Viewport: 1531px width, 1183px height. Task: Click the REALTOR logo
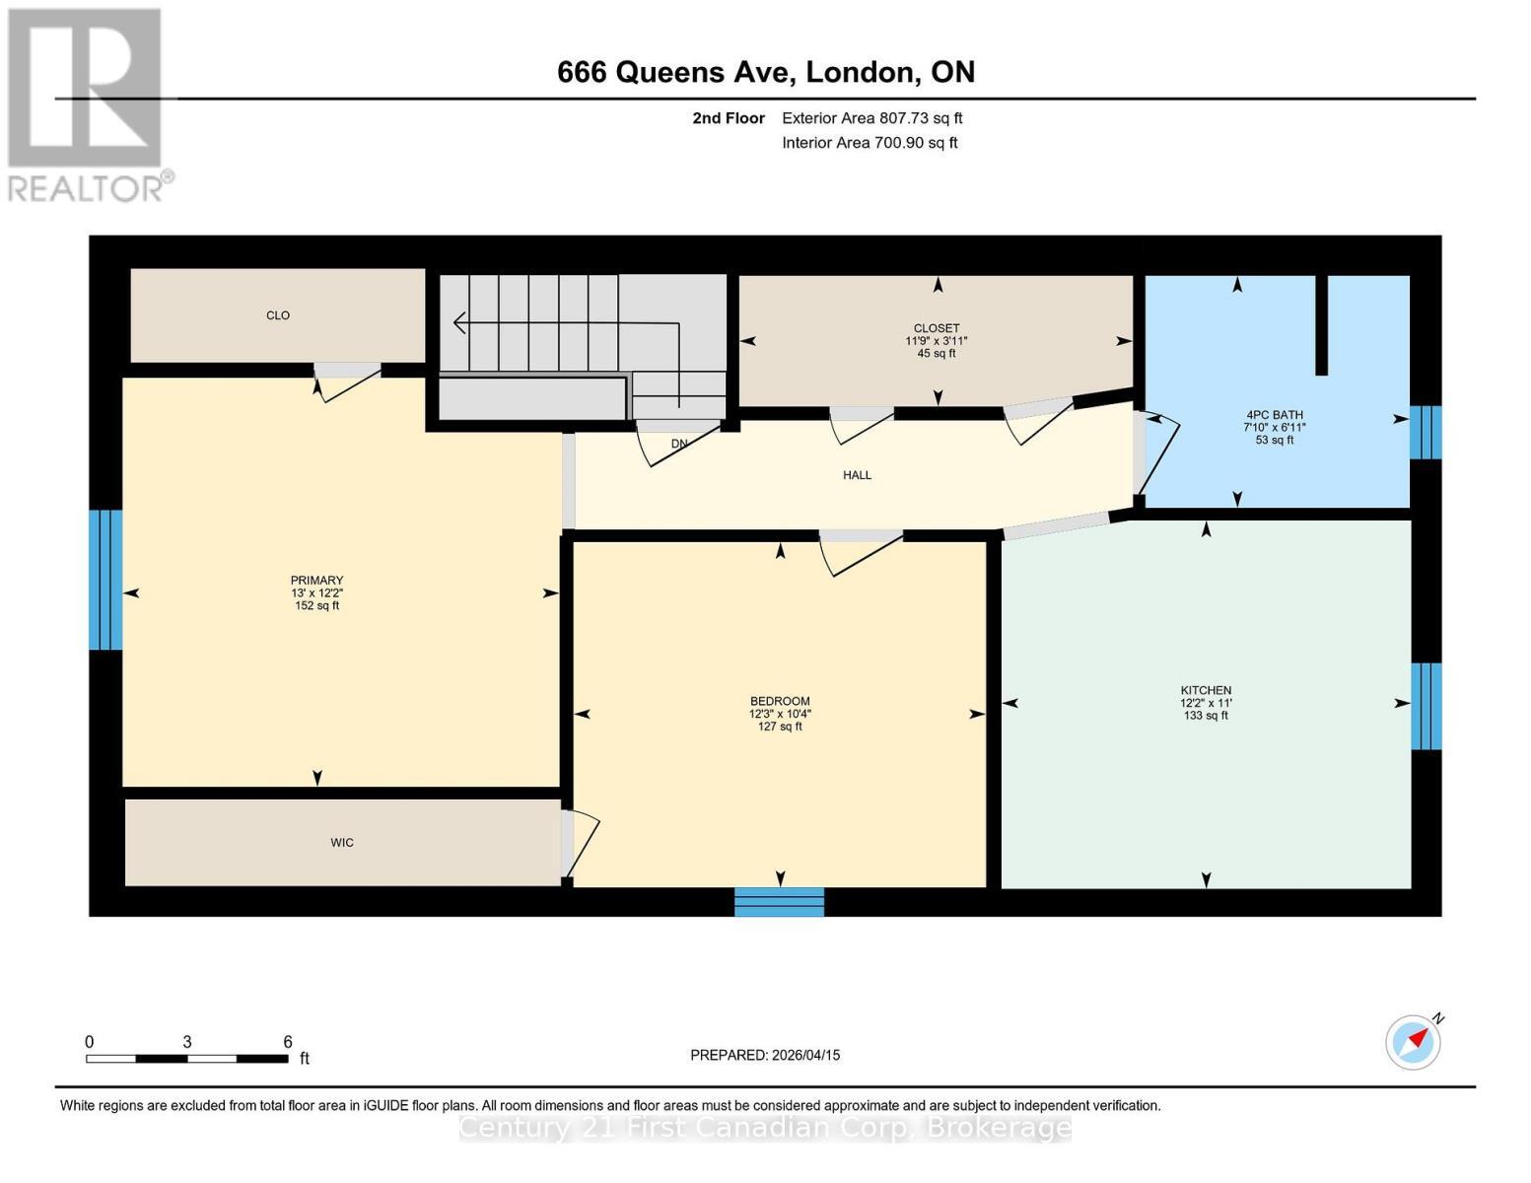tap(86, 104)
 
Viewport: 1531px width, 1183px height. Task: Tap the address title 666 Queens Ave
tap(765, 72)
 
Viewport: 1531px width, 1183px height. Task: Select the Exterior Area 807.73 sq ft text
tap(871, 118)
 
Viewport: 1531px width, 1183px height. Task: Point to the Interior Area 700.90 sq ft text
tap(870, 143)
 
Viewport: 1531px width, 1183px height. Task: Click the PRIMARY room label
tap(316, 581)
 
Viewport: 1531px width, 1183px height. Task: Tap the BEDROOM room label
tap(780, 702)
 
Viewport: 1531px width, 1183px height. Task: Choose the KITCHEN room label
tap(1206, 691)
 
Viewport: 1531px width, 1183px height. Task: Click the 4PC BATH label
tap(1274, 415)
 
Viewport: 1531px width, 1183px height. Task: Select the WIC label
tap(342, 843)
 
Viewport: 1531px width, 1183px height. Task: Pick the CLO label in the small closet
tap(278, 315)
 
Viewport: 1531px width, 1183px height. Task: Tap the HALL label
tap(857, 475)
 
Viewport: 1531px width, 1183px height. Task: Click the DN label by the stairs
tap(679, 444)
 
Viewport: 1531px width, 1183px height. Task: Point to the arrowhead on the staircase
tap(458, 322)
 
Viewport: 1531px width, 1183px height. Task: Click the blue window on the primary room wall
tap(105, 580)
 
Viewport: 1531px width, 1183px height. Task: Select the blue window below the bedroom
tap(779, 902)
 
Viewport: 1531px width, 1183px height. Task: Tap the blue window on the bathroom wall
tap(1426, 433)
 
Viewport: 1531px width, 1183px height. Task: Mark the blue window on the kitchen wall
tap(1426, 706)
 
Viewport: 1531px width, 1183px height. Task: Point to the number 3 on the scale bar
tap(186, 1042)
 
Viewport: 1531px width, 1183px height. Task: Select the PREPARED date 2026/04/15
tap(765, 1055)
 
